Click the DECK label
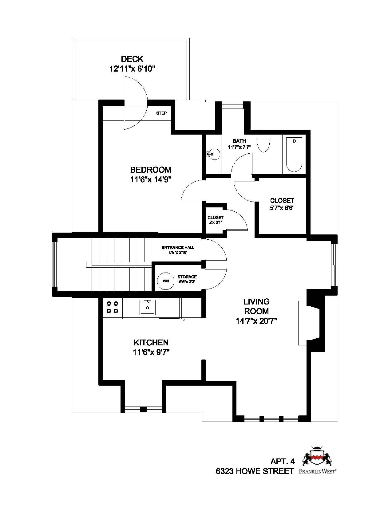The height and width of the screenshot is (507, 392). click(132, 59)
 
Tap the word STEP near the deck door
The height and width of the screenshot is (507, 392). click(161, 113)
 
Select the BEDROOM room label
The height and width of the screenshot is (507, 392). click(151, 169)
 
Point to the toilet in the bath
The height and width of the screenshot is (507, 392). click(263, 143)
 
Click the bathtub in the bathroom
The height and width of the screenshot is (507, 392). click(294, 155)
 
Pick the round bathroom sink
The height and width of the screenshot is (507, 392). click(214, 154)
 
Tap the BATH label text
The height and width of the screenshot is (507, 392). click(239, 141)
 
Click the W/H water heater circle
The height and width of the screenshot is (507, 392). click(166, 281)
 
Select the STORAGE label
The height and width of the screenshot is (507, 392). click(187, 277)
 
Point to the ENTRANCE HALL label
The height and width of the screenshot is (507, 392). click(178, 248)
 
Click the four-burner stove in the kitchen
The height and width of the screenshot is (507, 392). click(112, 307)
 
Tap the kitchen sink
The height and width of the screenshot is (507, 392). click(148, 308)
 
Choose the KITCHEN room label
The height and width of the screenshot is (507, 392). click(151, 343)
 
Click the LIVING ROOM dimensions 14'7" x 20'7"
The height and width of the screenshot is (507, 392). click(256, 321)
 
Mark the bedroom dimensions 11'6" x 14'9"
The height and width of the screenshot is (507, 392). click(151, 179)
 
